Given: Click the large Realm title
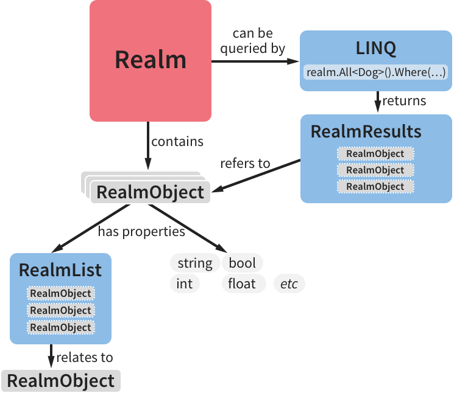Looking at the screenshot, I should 151,60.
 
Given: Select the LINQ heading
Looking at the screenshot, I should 375,48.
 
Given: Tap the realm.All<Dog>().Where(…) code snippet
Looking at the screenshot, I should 376,72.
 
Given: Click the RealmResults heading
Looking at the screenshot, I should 366,131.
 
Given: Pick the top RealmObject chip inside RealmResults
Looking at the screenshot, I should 375,153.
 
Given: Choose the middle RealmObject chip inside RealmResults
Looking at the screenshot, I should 375,170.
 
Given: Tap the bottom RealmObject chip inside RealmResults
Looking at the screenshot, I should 375,186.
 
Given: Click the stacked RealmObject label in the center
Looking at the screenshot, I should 150,192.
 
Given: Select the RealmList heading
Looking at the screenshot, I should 60,270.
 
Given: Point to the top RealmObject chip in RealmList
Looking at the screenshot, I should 61,293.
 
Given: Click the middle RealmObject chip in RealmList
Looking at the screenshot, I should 61,310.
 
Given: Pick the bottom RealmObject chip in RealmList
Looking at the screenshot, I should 61,327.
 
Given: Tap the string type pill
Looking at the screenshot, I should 195,263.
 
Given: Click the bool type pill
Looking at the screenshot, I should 243,263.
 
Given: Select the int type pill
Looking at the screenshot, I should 185,283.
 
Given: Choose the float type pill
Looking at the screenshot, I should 242,283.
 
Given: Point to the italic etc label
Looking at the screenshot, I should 289,283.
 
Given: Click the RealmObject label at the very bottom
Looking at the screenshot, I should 61,381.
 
